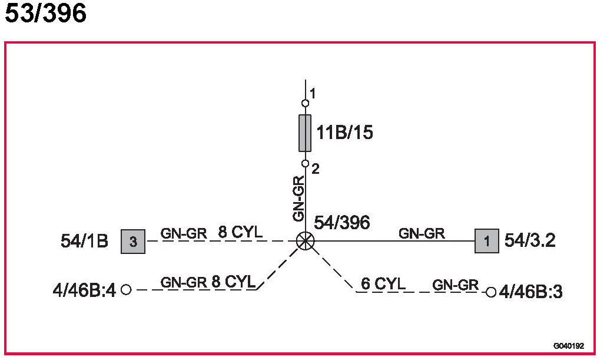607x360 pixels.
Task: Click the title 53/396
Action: [46, 14]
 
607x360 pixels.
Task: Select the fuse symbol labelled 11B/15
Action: [305, 133]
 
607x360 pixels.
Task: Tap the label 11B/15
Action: [344, 133]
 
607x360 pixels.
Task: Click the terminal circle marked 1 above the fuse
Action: [305, 103]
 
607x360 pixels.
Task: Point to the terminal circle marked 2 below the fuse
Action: [305, 163]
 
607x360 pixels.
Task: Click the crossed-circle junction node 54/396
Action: [305, 240]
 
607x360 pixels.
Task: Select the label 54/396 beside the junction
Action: [341, 223]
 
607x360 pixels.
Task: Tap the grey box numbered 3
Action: [133, 241]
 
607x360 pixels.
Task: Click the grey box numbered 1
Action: [486, 241]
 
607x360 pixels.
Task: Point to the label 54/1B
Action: [85, 241]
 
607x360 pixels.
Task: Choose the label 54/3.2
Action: [530, 241]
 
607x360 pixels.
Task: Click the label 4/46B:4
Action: [84, 290]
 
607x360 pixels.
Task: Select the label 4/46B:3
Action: [530, 292]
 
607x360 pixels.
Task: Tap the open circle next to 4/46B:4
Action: [125, 289]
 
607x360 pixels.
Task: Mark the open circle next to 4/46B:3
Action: [490, 292]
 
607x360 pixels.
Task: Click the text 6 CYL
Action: [383, 283]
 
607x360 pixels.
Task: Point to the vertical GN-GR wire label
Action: [299, 199]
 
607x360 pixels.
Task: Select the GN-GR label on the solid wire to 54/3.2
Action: [422, 233]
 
